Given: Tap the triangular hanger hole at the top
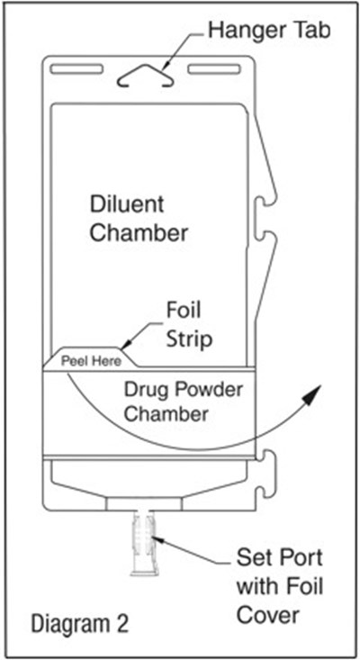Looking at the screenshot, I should [x=144, y=78].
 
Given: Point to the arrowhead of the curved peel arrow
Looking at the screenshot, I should [x=316, y=388].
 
